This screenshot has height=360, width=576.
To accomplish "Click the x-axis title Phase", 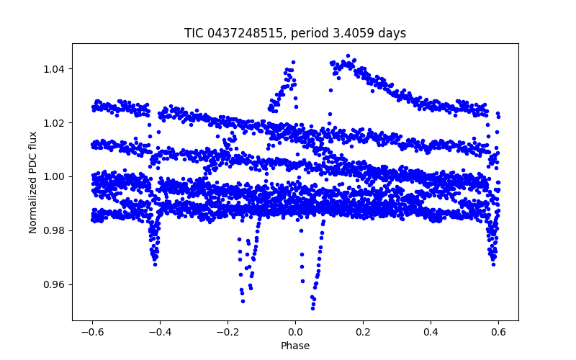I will (x=295, y=346).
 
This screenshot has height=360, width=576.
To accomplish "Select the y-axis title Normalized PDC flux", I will (x=33, y=176).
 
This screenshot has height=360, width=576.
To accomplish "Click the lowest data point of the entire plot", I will (x=312, y=308).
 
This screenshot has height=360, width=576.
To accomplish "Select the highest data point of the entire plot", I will (x=348, y=55).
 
